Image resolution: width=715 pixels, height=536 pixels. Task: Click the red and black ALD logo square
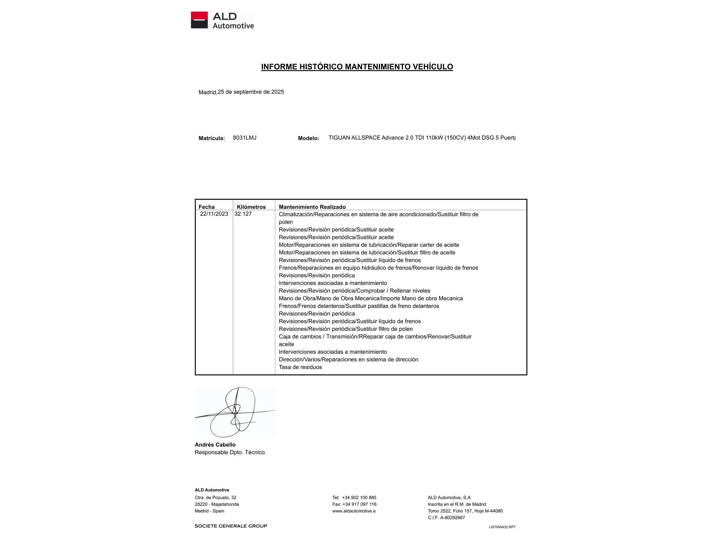(199, 20)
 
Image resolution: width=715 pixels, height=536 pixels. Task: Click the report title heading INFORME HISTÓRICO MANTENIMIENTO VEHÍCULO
(357, 67)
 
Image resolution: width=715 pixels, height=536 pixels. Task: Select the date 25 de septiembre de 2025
(251, 92)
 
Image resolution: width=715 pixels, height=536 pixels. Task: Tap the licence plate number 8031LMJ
(245, 138)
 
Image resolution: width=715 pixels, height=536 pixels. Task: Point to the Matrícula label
(212, 138)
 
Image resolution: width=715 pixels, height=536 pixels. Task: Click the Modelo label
(309, 138)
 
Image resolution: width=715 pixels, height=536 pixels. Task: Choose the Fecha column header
(207, 207)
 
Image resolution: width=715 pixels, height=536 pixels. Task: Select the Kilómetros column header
(251, 207)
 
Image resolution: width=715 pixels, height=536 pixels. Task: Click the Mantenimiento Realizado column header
(312, 207)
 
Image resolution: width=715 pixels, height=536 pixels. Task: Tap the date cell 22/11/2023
(214, 214)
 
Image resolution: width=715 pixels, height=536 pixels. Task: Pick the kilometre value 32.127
(243, 214)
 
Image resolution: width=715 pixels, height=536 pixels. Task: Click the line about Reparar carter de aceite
(369, 245)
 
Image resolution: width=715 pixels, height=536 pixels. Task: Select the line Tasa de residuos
(300, 367)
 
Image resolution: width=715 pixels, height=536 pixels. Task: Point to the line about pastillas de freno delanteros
(359, 306)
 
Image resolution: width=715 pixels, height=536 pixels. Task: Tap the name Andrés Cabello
(215, 445)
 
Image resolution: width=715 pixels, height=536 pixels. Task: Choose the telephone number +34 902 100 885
(359, 497)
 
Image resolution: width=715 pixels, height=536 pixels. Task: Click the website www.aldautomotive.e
(354, 511)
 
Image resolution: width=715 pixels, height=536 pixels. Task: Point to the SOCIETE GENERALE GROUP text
(231, 526)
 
